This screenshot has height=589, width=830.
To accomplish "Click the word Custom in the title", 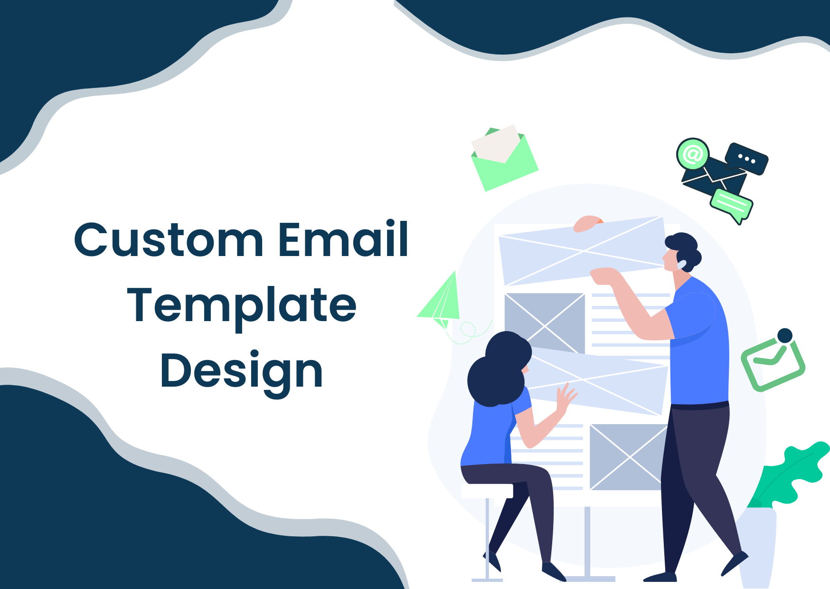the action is pyautogui.click(x=168, y=240).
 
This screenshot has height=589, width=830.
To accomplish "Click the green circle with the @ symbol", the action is pyautogui.click(x=693, y=153).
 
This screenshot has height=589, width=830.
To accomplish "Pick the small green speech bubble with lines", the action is pyautogui.click(x=731, y=206).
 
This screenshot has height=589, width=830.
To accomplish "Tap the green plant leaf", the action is pyautogui.click(x=791, y=475).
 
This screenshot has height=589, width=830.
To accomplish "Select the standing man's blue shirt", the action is pyautogui.click(x=698, y=342).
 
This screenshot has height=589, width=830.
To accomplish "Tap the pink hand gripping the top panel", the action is pyautogui.click(x=588, y=224).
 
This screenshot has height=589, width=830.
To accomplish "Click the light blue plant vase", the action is pyautogui.click(x=758, y=546).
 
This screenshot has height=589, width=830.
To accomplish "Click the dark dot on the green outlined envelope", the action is pyautogui.click(x=785, y=335).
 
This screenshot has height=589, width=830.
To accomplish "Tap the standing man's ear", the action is pyautogui.click(x=681, y=264).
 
